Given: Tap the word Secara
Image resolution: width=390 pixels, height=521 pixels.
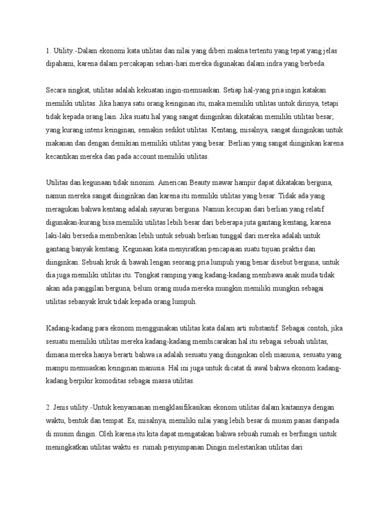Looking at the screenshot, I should [x=57, y=91].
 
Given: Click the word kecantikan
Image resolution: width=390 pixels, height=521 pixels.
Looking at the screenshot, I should [x=64, y=157].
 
